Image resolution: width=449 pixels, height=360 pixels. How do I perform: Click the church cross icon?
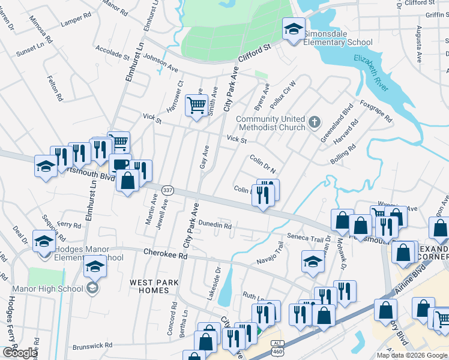click(313, 123)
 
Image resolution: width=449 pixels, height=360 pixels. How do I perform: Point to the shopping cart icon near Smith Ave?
click(196, 106)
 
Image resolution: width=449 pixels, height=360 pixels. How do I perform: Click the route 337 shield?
click(168, 190)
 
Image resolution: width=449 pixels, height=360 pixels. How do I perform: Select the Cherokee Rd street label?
click(165, 254)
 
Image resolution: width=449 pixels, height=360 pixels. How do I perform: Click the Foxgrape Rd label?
click(376, 111)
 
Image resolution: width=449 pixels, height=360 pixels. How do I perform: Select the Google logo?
click(20, 352)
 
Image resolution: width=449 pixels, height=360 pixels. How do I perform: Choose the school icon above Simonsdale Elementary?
click(294, 29)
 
